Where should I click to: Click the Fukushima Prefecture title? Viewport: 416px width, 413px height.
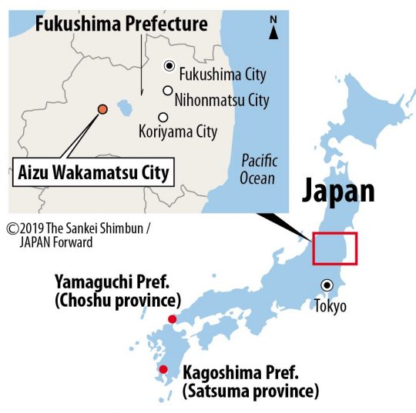122,24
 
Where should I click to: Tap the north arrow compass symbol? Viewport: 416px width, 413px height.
273,28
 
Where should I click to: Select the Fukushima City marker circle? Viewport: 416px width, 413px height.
169,67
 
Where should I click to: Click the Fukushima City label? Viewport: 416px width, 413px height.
223,75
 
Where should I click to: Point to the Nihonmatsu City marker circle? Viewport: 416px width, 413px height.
166,91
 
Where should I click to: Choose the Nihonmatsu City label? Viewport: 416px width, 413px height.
221,100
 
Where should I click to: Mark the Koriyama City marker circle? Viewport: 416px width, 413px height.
162,118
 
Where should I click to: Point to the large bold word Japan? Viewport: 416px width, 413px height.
338,191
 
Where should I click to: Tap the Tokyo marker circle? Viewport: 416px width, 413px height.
327,285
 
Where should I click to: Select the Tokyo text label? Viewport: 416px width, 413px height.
330,306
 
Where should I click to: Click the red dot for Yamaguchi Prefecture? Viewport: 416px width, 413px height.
172,319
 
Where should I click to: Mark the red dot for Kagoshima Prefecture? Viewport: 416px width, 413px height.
163,370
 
